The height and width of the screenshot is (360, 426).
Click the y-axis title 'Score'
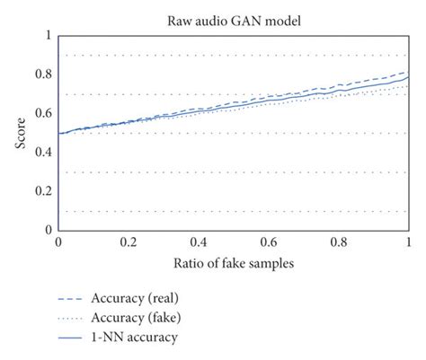coord(20,132)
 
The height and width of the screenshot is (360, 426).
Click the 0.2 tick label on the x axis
coord(129,242)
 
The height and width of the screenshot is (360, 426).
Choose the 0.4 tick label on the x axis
coord(199,242)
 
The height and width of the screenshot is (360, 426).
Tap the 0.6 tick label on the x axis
coord(269,242)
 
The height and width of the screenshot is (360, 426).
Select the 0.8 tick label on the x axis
coord(339,242)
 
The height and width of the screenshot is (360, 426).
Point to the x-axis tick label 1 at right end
coord(409,242)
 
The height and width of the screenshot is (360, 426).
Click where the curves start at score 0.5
coord(59,133)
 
